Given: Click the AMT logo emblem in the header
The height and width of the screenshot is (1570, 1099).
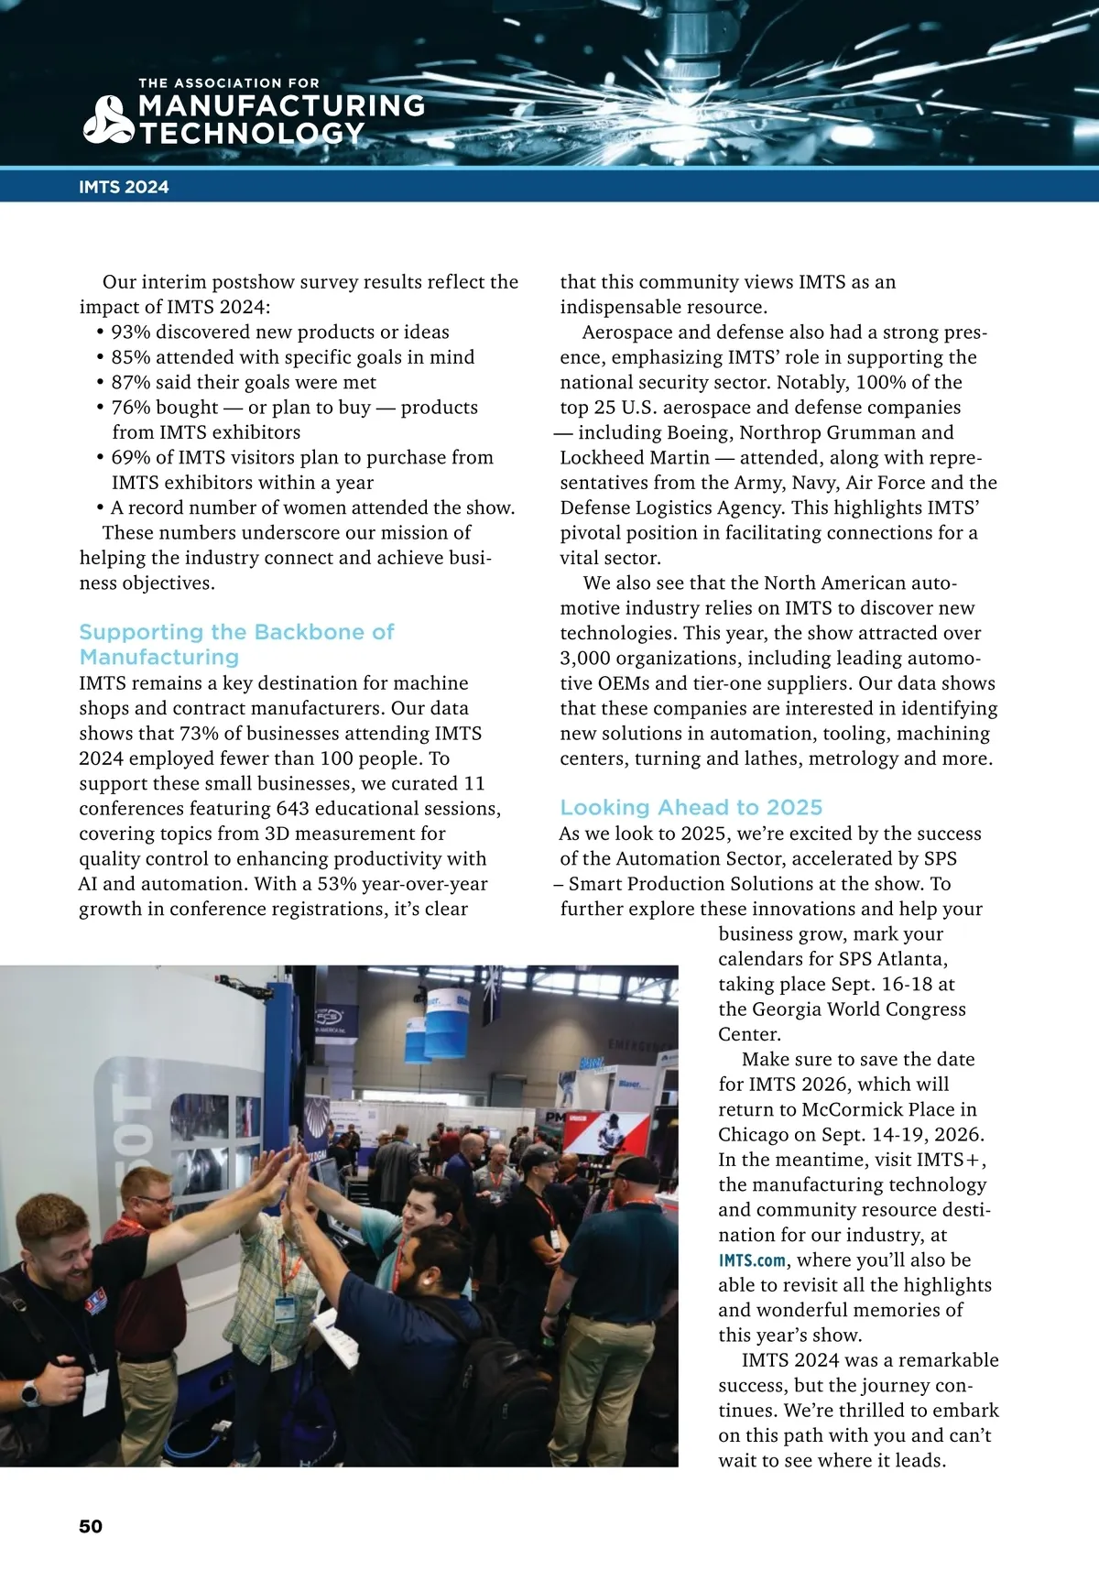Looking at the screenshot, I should pyautogui.click(x=109, y=120).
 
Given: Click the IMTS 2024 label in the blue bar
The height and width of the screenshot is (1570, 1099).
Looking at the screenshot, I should pyautogui.click(x=124, y=187).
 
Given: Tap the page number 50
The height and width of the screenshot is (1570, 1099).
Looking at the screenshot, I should pyautogui.click(x=91, y=1526).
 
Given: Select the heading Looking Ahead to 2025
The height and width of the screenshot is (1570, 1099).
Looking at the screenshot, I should pyautogui.click(x=691, y=807).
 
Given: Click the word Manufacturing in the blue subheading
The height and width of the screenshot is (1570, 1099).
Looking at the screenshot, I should pyautogui.click(x=159, y=657).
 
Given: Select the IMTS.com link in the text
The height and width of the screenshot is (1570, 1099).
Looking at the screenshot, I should pyautogui.click(x=752, y=1260).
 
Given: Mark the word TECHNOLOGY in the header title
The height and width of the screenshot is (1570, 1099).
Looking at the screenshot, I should pyautogui.click(x=253, y=134).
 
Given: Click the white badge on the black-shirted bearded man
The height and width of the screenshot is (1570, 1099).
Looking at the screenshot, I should pyautogui.click(x=95, y=1391).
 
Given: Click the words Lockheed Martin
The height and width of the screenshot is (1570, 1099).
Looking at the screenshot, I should pyautogui.click(x=635, y=457).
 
